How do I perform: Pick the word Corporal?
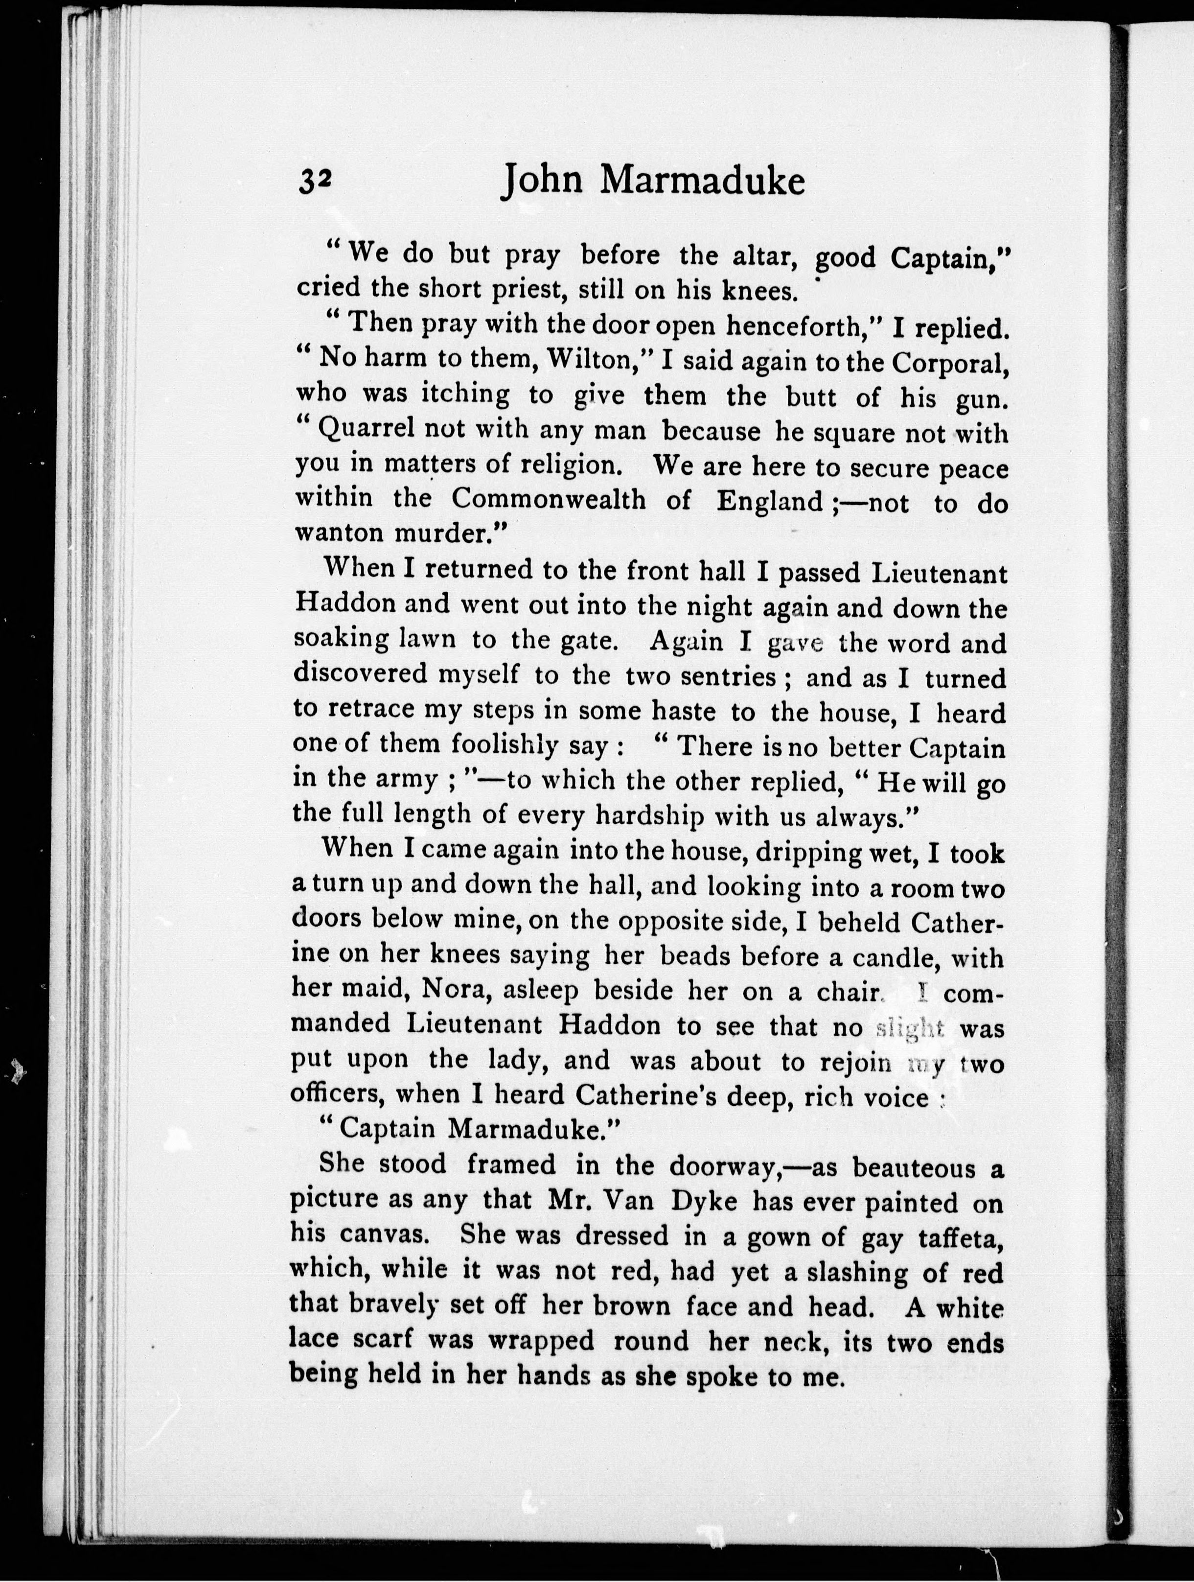pos(951,363)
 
